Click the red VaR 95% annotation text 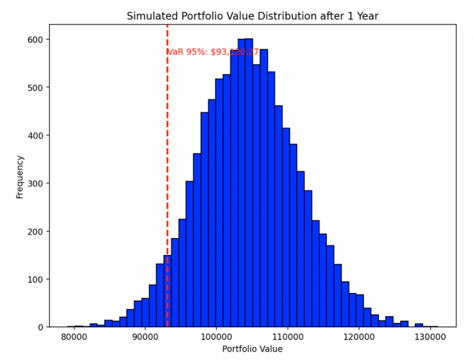point(213,51)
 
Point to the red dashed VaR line point(167,171)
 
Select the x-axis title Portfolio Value point(252,349)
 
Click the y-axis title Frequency point(20,177)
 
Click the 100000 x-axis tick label point(217,337)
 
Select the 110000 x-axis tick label point(288,337)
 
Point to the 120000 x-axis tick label point(359,337)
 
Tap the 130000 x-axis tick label point(430,337)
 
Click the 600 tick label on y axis point(35,40)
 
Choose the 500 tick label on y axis point(35,88)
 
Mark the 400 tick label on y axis point(35,136)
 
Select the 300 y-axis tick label point(35,184)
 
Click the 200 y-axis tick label point(35,232)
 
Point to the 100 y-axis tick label point(35,280)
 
